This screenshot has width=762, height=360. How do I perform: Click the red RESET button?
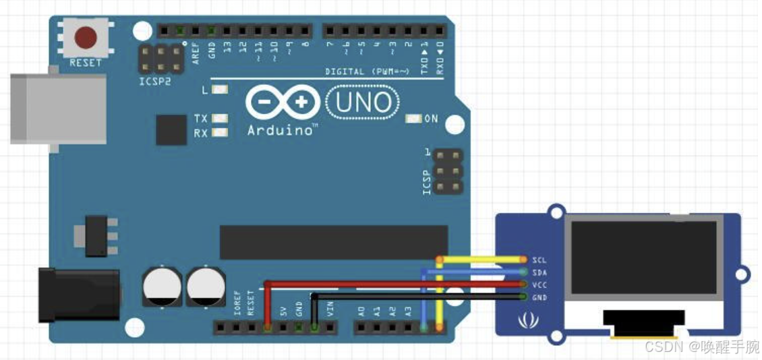pos(85,38)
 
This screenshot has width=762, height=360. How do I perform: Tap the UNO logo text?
pos(362,102)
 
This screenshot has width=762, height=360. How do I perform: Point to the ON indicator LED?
pos(413,119)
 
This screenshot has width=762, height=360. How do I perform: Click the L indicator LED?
pos(220,90)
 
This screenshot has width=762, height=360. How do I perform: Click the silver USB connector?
pos(58,108)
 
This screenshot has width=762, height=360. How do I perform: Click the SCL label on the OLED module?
pos(539,260)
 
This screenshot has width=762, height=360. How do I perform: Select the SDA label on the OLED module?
pos(539,272)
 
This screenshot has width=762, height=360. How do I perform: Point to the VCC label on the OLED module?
pos(539,285)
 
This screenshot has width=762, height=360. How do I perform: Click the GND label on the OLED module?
pos(539,297)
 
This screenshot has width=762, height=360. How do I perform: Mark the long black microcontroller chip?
pos(334,241)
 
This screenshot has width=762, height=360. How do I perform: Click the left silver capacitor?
pos(161,286)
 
